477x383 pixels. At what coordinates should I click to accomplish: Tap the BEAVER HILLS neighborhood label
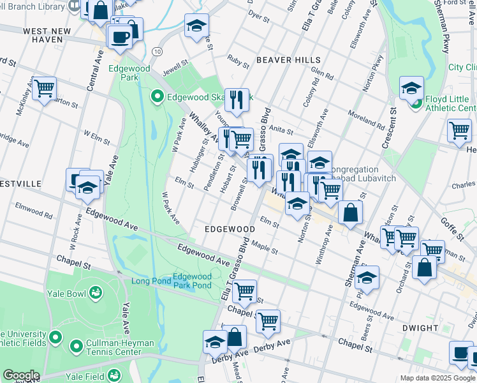pyautogui.click(x=288, y=60)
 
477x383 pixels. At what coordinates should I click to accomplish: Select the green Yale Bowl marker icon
pyautogui.click(x=96, y=292)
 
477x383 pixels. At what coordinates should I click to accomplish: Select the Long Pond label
pyautogui.click(x=148, y=282)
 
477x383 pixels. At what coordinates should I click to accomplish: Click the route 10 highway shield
pyautogui.click(x=157, y=50)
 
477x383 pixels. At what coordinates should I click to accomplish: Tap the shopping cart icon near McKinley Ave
pyautogui.click(x=44, y=88)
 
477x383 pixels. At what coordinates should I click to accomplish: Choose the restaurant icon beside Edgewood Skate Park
pyautogui.click(x=237, y=100)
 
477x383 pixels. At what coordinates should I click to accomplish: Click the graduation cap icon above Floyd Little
pyautogui.click(x=412, y=87)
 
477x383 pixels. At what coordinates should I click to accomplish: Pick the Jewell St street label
pyautogui.click(x=177, y=64)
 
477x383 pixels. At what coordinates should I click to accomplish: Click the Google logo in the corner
pyautogui.click(x=21, y=375)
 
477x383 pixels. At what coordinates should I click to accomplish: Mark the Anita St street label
pyautogui.click(x=281, y=131)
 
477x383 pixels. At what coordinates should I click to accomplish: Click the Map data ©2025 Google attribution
pyautogui.click(x=437, y=378)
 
